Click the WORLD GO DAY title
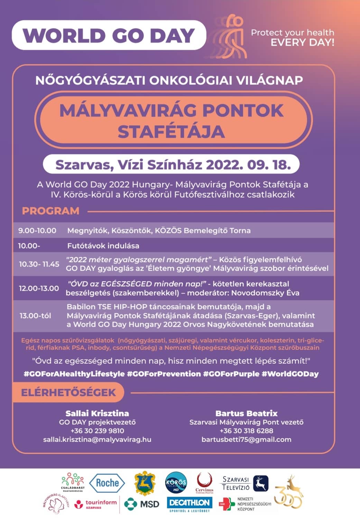109,35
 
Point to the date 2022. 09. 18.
248,165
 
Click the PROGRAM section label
51,211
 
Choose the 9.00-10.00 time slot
37,230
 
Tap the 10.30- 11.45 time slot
39,264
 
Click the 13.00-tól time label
35,316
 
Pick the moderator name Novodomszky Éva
265,293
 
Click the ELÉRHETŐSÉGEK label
68,392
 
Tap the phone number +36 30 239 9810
97,431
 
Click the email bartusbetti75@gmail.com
246,439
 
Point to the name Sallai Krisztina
97,413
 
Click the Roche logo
107,483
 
